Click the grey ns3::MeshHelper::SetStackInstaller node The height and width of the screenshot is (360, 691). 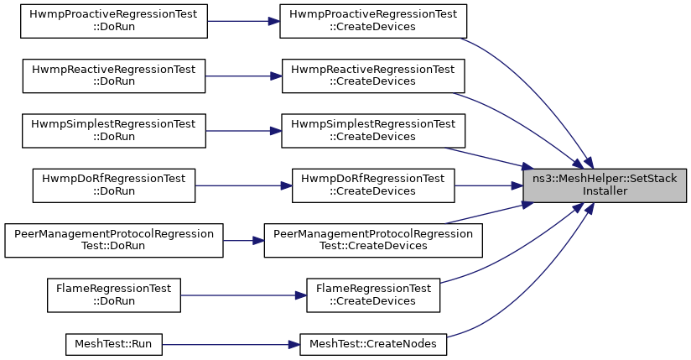click(605, 185)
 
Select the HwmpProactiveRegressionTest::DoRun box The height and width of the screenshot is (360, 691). click(114, 21)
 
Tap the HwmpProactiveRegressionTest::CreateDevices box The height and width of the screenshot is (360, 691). click(373, 21)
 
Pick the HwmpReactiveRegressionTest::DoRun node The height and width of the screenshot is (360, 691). click(114, 76)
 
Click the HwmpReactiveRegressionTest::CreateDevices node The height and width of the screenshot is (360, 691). click(373, 76)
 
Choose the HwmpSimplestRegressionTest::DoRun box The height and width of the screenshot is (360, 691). click(114, 131)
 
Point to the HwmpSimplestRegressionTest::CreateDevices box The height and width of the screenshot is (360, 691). click(373, 131)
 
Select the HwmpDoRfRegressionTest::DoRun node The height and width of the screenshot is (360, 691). click(114, 185)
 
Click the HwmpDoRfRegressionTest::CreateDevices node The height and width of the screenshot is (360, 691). click(373, 185)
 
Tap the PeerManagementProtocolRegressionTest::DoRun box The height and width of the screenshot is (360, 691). click(114, 241)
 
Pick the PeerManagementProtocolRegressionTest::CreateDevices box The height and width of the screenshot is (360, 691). click(373, 241)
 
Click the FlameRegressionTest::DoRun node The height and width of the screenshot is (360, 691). click(114, 295)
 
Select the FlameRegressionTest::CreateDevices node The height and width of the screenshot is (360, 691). click(373, 295)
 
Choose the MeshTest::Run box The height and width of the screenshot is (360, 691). click(114, 344)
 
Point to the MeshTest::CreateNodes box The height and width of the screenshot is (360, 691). click(373, 344)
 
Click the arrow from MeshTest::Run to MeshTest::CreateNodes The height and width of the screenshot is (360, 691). click(231, 344)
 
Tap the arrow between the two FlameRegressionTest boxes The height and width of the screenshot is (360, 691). click(244, 295)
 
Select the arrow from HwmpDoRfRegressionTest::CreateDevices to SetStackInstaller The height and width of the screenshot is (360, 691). click(489, 185)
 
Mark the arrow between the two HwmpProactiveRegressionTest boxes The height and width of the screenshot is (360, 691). click(244, 21)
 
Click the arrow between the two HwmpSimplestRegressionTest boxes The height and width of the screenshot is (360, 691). click(244, 131)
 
